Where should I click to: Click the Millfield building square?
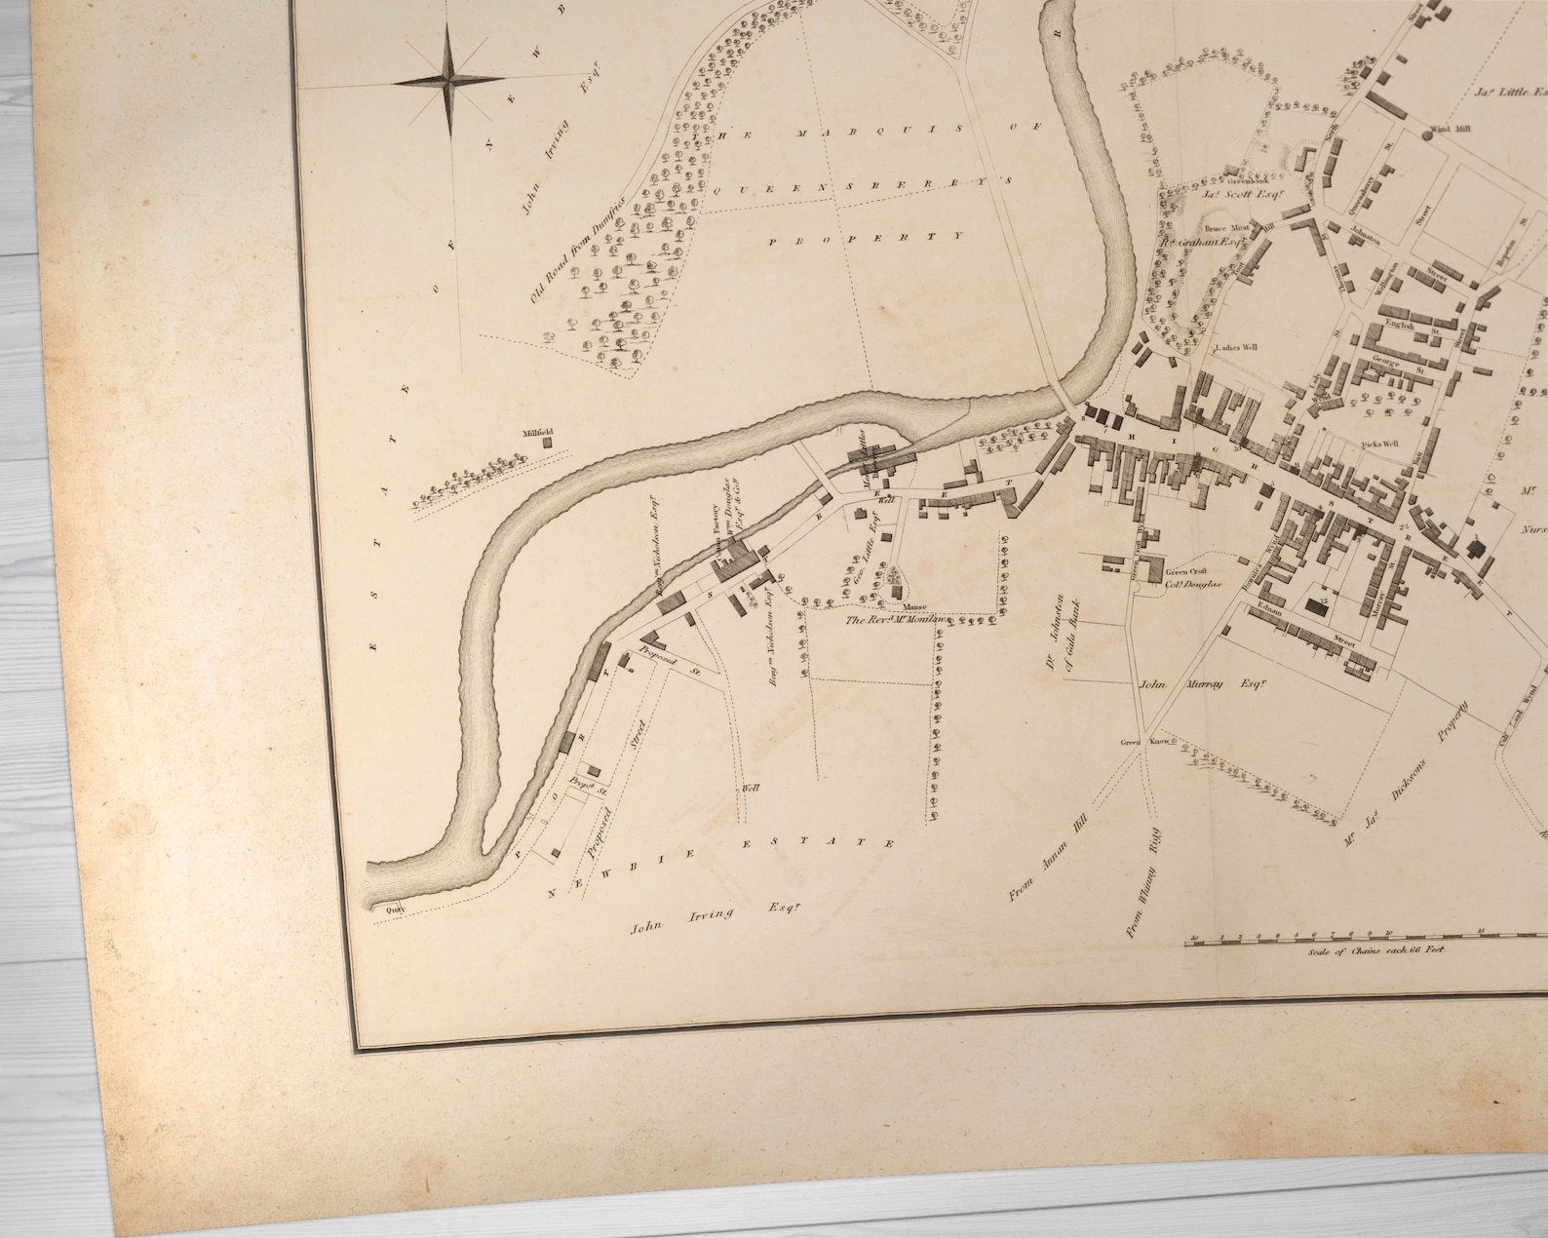(547, 442)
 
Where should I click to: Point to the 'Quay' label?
(394, 910)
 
